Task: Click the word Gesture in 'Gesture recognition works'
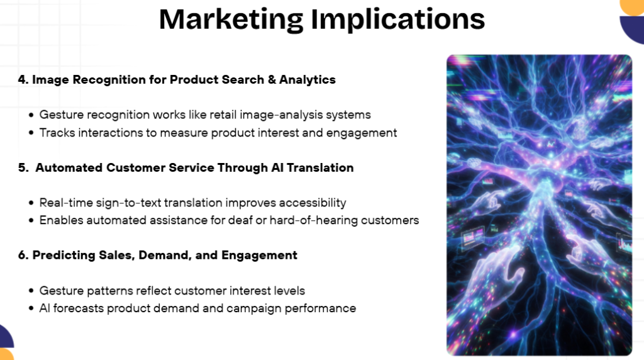coord(60,115)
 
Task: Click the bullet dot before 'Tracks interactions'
coord(31,133)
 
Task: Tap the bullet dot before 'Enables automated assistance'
coord(31,220)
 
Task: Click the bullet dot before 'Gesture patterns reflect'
coord(31,291)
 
